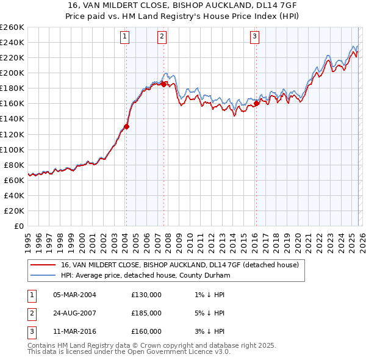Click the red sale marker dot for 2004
pos(127,126)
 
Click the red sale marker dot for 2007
pos(164,84)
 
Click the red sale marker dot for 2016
pos(256,103)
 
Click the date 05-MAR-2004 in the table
pos(74,295)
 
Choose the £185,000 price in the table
pos(146,313)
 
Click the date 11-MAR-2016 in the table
pos(74,331)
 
